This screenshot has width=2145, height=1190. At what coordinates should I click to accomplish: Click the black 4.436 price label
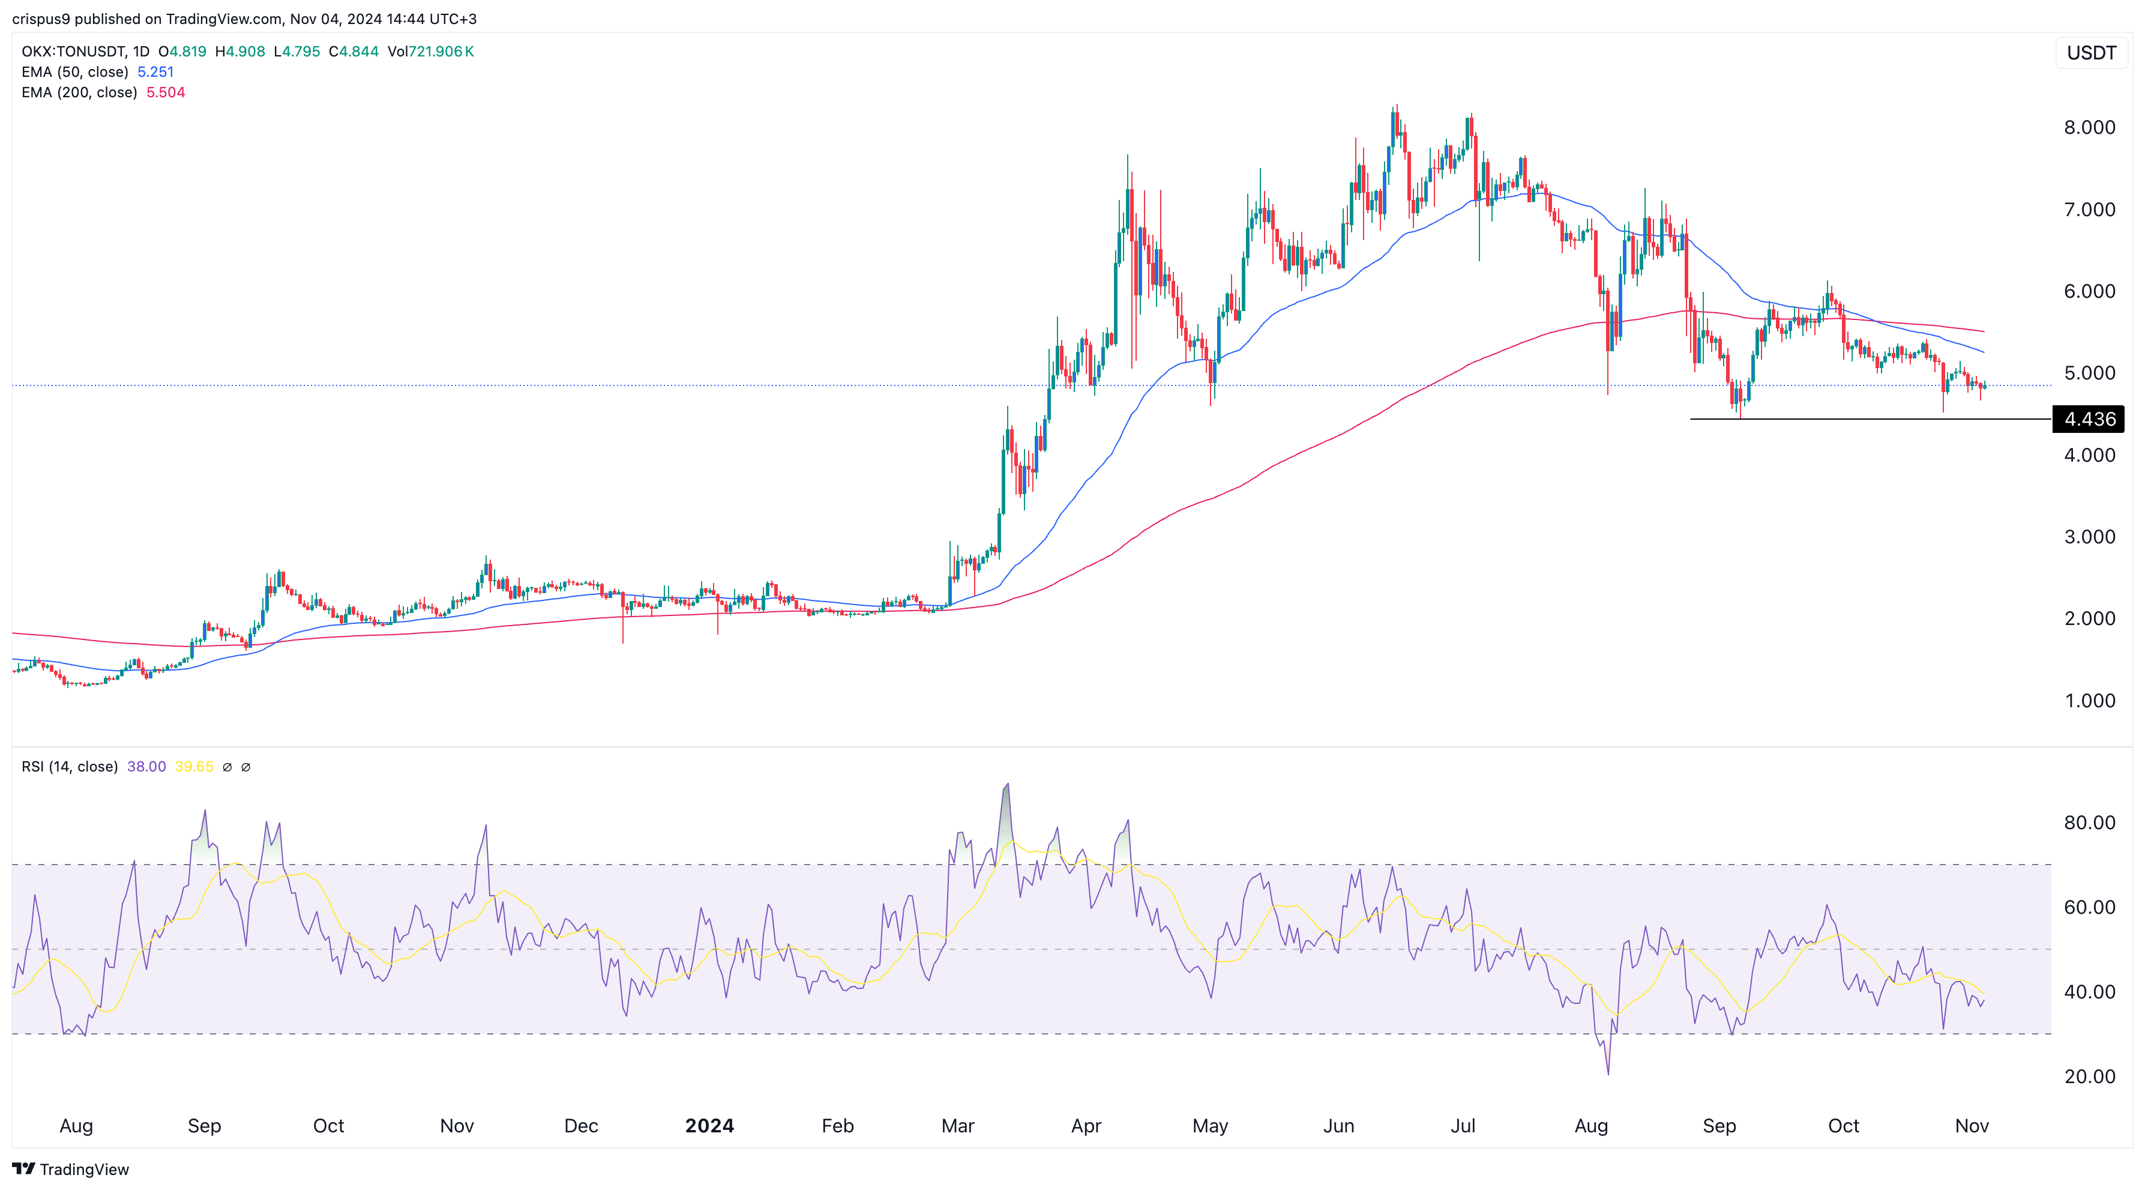pos(2089,419)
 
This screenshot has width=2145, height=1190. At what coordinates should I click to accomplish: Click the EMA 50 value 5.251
pos(155,71)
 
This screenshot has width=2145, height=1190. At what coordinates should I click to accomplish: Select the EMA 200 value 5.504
pos(166,92)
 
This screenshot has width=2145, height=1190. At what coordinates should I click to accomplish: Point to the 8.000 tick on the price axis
pos(2089,127)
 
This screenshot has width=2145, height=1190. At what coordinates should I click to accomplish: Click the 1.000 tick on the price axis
pos(2089,700)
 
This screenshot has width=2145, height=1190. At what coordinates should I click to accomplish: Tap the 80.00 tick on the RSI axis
pos(2089,823)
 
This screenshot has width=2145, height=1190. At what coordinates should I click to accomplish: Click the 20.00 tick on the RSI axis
pos(2089,1076)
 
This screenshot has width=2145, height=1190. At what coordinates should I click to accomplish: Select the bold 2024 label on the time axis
pos(709,1126)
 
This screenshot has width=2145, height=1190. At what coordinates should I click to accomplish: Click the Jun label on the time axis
pos(1338,1126)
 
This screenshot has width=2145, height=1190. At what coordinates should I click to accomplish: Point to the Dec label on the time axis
pos(580,1126)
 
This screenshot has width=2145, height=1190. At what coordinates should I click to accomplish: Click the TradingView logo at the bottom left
pos(71,1169)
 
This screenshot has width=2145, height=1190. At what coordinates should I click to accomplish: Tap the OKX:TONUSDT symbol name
pos(73,52)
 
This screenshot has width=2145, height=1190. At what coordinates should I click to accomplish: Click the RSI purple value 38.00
pos(146,767)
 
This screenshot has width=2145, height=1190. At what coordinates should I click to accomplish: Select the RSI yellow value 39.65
pos(194,767)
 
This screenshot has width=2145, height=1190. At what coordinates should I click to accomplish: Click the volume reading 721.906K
pos(441,52)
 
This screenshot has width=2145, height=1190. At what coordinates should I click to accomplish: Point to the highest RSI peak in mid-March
pos(1006,785)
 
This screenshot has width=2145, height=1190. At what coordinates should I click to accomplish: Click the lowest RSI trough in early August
pos(1608,1074)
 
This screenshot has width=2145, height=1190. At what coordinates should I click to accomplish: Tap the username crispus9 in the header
pos(41,19)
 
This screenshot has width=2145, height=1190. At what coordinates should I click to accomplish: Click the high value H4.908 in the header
pos(240,52)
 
